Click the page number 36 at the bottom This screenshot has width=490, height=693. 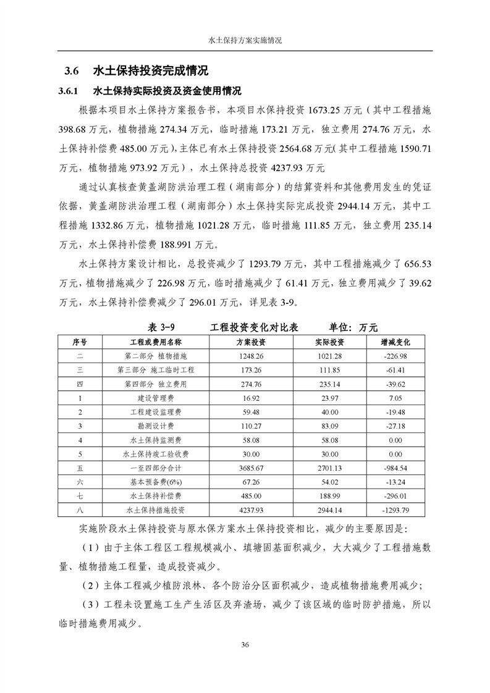pyautogui.click(x=245, y=645)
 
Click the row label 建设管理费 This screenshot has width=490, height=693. pyautogui.click(x=155, y=398)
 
